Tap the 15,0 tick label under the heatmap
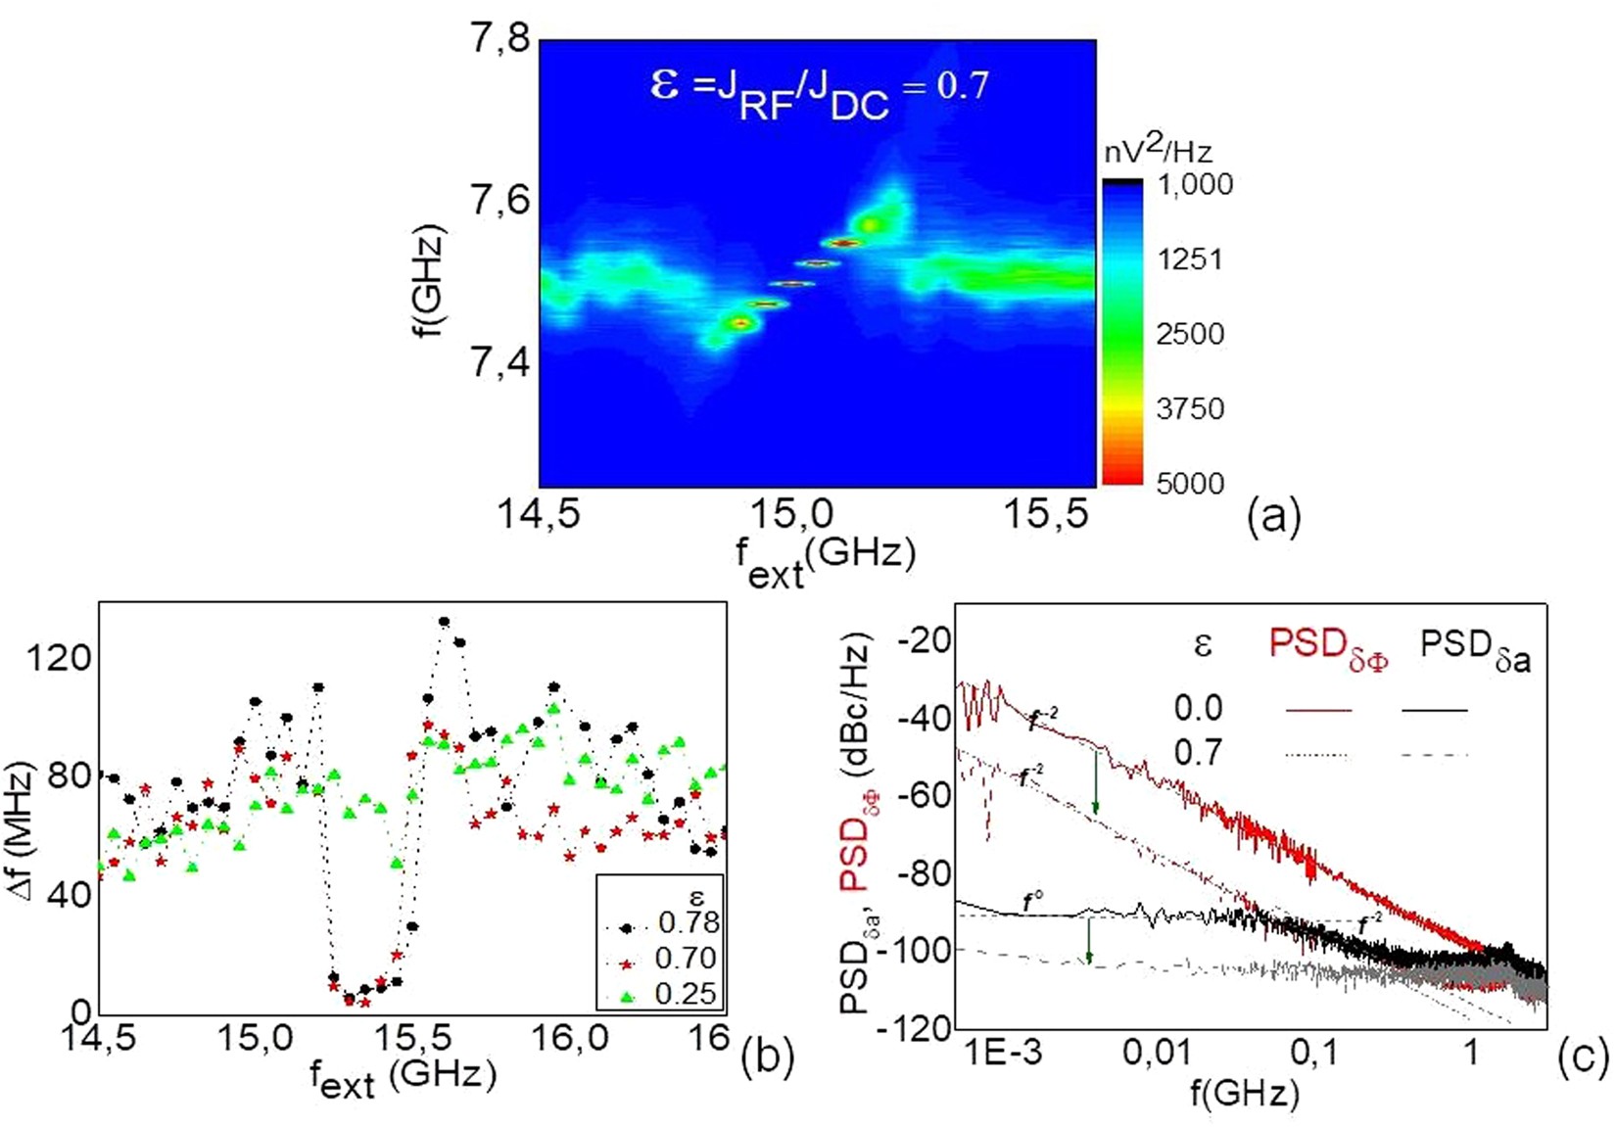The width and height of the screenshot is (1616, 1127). pyautogui.click(x=790, y=513)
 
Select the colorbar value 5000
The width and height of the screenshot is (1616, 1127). pyautogui.click(x=1189, y=483)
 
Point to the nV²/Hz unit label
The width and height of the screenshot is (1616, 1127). pyautogui.click(x=1158, y=150)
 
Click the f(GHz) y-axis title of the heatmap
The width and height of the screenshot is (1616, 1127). pyautogui.click(x=429, y=281)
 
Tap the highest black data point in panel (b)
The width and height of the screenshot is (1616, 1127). pyautogui.click(x=444, y=622)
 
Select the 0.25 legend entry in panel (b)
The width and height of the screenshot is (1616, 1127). pyautogui.click(x=686, y=994)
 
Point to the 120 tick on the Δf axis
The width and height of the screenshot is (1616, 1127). pyautogui.click(x=59, y=658)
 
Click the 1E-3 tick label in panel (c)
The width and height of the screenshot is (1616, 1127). pyautogui.click(x=1003, y=1053)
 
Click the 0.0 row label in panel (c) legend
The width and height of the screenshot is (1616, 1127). pyautogui.click(x=1198, y=707)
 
